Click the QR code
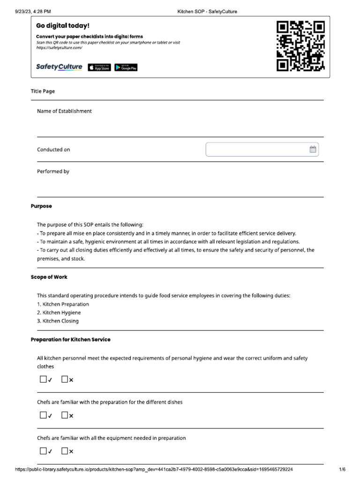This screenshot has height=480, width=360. (300, 46)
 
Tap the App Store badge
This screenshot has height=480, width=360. (99, 67)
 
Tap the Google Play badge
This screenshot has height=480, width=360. (126, 67)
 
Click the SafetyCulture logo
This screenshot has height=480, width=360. (59, 67)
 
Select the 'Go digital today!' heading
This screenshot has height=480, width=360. (62, 26)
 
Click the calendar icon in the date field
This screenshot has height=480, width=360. (313, 150)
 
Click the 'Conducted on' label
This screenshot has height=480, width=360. (53, 150)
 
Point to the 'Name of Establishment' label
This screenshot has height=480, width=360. (64, 111)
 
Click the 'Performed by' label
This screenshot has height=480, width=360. (53, 172)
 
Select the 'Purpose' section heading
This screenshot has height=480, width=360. (41, 206)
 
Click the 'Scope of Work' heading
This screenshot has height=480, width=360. (49, 277)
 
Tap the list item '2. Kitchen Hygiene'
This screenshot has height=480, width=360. (59, 313)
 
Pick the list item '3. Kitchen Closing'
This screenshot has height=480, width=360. (58, 321)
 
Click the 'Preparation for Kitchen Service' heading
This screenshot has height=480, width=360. (70, 339)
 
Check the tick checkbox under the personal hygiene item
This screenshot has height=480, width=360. (43, 379)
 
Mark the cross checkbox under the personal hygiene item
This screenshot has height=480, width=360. (65, 379)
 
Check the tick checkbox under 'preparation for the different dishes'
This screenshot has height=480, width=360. (43, 415)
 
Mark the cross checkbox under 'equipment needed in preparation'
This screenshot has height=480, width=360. (65, 451)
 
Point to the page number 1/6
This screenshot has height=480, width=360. (342, 469)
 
